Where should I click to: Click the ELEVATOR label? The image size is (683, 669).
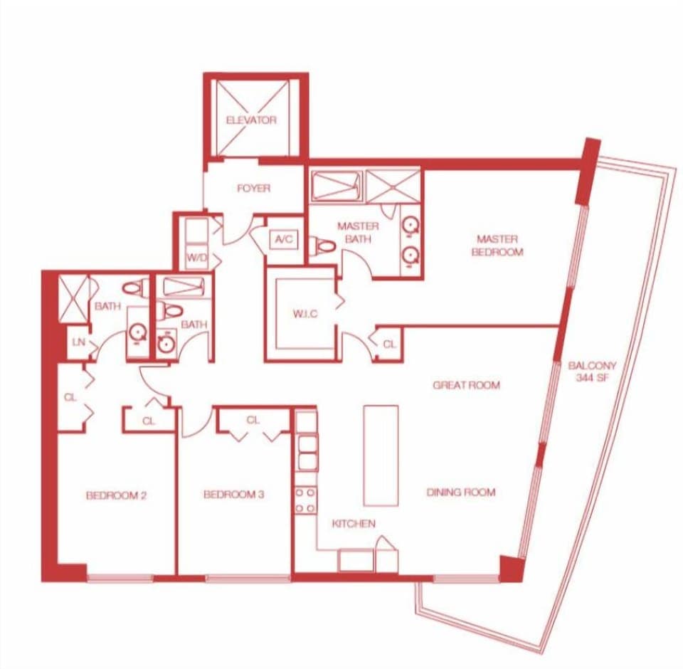251,120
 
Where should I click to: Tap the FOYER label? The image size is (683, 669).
253,189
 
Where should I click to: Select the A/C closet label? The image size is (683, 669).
283,241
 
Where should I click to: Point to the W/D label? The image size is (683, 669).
195,257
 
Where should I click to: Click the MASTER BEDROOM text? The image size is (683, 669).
497,246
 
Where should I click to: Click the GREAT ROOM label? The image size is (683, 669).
466,385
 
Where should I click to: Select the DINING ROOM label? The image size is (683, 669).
460,492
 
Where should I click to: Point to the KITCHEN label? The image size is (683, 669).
354,524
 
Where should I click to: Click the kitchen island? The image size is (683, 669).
381,455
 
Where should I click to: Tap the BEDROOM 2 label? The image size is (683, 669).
116,495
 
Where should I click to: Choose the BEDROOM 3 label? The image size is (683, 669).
233,495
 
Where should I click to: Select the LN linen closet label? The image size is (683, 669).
78,342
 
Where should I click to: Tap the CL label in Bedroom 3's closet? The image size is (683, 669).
253,420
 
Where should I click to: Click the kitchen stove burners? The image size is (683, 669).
306,500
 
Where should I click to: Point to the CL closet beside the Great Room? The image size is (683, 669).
388,344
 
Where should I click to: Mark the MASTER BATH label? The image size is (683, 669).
358,233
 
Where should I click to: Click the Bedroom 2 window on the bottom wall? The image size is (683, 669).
120,578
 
